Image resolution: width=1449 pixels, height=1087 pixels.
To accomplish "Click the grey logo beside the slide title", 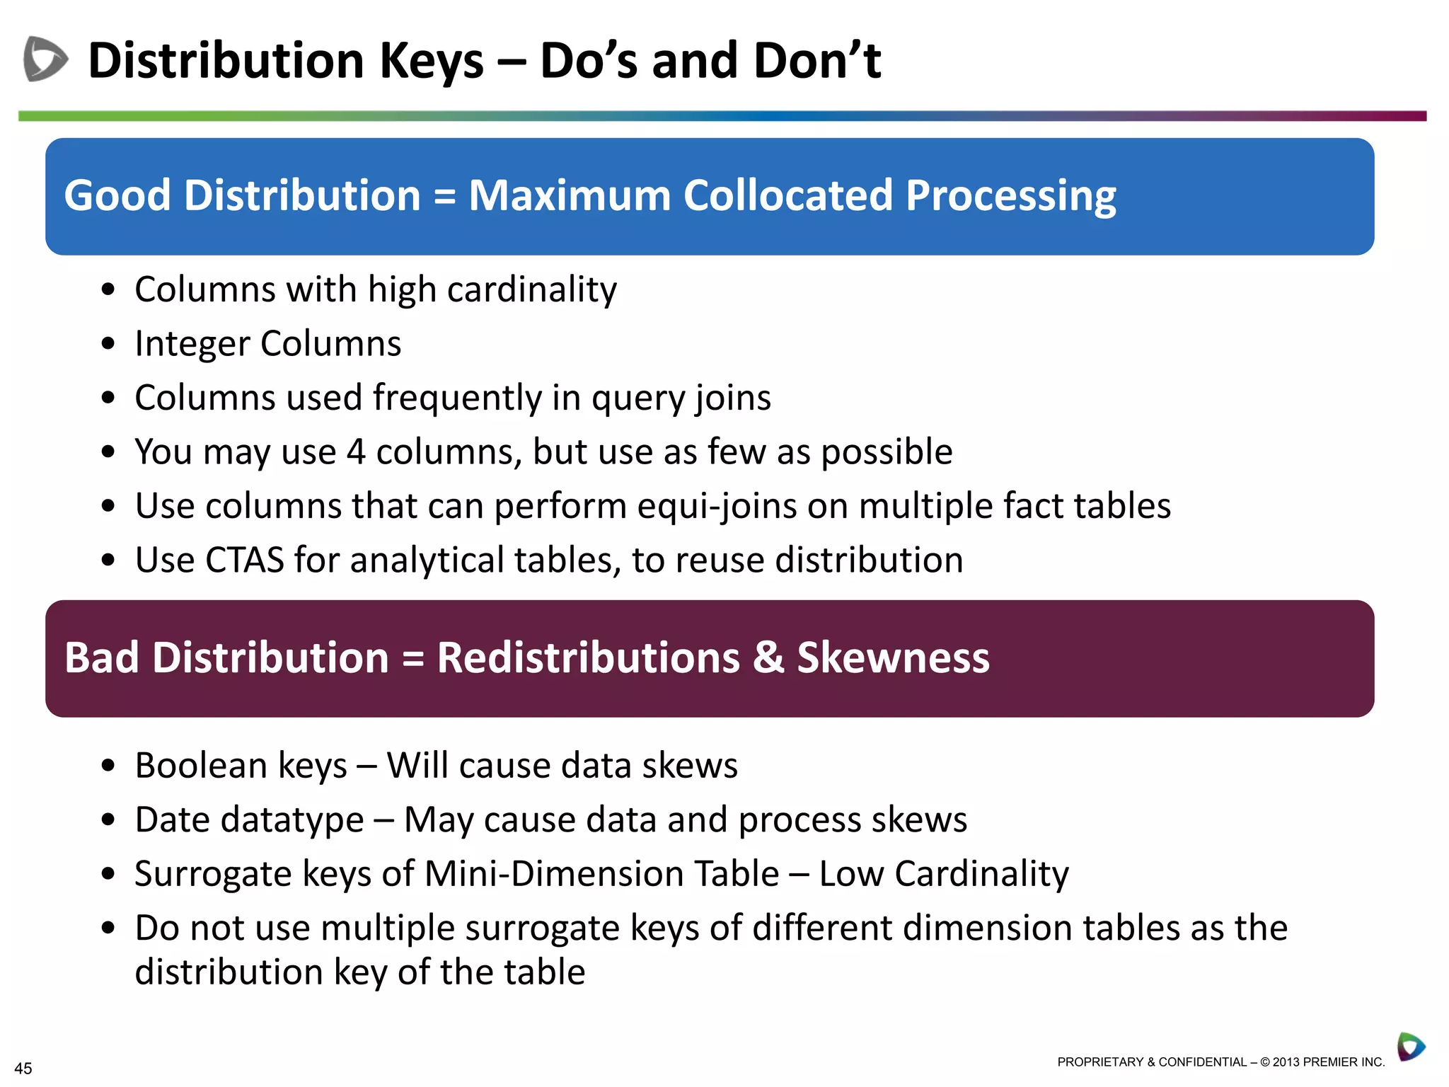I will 45,59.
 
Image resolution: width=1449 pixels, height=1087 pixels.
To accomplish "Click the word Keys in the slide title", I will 431,61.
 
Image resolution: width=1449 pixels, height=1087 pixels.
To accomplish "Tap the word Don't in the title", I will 817,61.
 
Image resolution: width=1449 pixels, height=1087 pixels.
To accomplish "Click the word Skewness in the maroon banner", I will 893,657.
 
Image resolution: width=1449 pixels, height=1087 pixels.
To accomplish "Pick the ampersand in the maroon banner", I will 768,657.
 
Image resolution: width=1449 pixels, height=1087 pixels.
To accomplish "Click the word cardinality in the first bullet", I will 532,289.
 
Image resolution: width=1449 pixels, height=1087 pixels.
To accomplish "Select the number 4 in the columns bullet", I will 356,452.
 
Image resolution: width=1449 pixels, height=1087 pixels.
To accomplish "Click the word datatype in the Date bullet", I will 291,819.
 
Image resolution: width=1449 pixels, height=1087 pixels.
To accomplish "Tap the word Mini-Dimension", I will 601,873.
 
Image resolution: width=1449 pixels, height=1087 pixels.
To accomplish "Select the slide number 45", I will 23,1068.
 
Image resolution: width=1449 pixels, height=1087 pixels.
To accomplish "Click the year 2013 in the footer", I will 1286,1062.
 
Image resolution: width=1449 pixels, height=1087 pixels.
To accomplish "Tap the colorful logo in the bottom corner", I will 1411,1047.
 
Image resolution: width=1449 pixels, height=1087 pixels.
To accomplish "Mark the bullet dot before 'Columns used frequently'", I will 108,398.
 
